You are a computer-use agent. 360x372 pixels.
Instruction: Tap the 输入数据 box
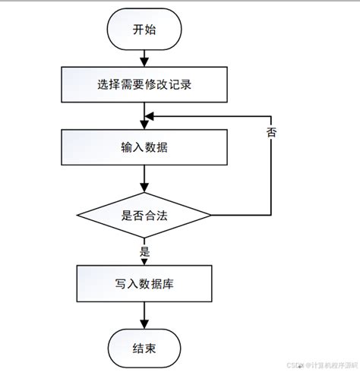144,147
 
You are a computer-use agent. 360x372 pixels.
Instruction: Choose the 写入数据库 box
144,285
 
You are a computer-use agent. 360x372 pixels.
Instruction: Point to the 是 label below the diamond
146,251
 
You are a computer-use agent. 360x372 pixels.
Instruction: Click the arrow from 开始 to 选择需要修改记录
144,58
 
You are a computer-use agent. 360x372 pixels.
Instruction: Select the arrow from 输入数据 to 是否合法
144,179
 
